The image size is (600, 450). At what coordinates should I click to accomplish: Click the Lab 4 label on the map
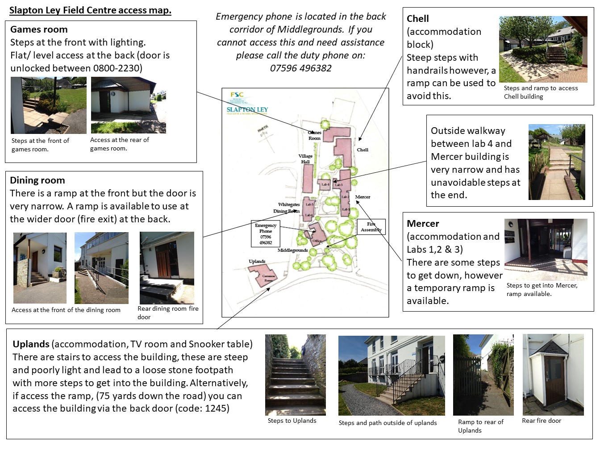[x=325, y=184]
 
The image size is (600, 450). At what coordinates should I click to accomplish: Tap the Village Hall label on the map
[x=306, y=159]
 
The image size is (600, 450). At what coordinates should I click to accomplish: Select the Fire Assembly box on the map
[x=371, y=227]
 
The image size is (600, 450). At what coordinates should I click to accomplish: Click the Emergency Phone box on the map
[x=266, y=233]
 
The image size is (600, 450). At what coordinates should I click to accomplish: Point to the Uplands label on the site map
[x=257, y=261]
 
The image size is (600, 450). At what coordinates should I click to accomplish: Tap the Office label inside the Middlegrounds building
[x=317, y=241]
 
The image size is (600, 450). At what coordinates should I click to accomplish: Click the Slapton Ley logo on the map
[x=247, y=109]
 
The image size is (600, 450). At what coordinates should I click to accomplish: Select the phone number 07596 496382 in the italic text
[x=301, y=68]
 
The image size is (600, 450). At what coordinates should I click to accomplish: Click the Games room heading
[x=39, y=29]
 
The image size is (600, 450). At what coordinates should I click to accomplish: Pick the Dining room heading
[x=37, y=180]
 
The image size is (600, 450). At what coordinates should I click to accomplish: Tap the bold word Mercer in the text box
[x=423, y=224]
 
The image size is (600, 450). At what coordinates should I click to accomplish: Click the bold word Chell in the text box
[x=418, y=19]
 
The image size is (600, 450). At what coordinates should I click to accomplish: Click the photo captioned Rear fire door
[x=553, y=374]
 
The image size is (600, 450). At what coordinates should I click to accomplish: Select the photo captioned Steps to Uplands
[x=296, y=375]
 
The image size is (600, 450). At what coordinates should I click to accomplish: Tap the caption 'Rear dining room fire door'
[x=168, y=312]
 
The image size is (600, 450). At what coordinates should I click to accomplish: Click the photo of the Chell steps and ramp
[x=543, y=49]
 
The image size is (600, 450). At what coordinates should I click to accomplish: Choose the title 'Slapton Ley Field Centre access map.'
[x=90, y=10]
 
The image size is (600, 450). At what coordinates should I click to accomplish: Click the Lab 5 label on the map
[x=309, y=204]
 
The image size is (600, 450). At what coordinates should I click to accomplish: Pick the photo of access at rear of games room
[x=129, y=105]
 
